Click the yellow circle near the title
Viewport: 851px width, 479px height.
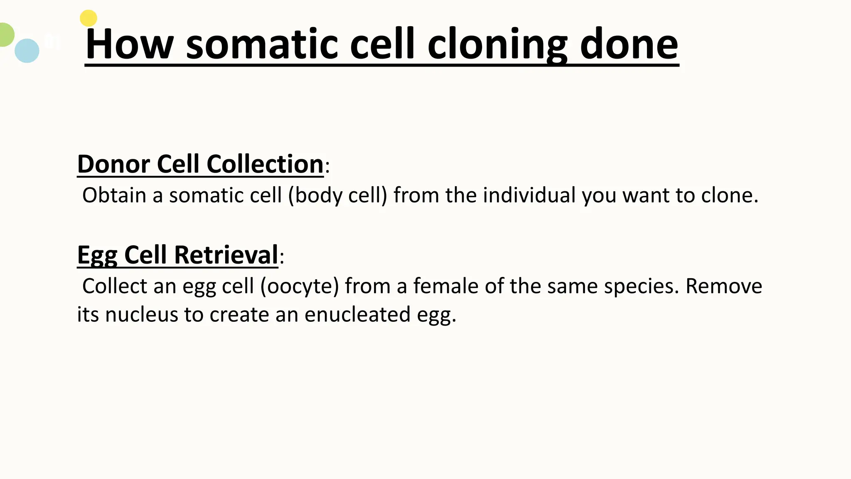[89, 18]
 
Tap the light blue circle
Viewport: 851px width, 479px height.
[27, 51]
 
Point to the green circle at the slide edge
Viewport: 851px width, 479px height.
[5, 35]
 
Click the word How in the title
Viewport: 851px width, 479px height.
[129, 44]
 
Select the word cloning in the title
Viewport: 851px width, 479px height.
[497, 44]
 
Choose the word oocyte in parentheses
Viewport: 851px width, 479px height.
[300, 286]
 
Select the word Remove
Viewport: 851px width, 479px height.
[723, 286]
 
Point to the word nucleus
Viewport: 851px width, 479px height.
[141, 314]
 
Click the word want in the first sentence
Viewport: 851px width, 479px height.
[645, 195]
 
